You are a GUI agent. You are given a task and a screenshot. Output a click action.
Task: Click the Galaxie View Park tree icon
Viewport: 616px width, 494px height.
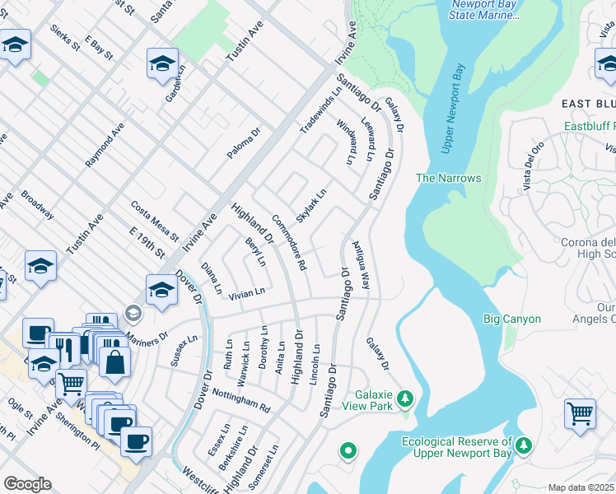click(404, 399)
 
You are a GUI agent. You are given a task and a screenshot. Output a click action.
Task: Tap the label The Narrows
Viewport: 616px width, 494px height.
click(448, 178)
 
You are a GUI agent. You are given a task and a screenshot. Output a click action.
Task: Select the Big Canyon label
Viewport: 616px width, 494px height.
click(511, 319)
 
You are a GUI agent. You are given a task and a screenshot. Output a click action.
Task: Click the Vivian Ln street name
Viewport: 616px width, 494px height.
click(246, 292)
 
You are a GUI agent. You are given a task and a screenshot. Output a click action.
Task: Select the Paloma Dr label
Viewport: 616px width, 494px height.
click(244, 143)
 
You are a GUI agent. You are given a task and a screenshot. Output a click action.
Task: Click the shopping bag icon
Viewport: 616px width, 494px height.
click(114, 361)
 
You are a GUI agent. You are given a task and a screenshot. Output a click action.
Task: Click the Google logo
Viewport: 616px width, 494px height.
click(27, 484)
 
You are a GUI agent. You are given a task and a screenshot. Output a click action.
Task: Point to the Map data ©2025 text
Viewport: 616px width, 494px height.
click(581, 487)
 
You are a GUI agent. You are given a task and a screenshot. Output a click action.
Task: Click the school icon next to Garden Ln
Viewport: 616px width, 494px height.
click(162, 63)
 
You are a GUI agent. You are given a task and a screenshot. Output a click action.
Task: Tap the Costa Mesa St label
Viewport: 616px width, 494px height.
click(149, 218)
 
